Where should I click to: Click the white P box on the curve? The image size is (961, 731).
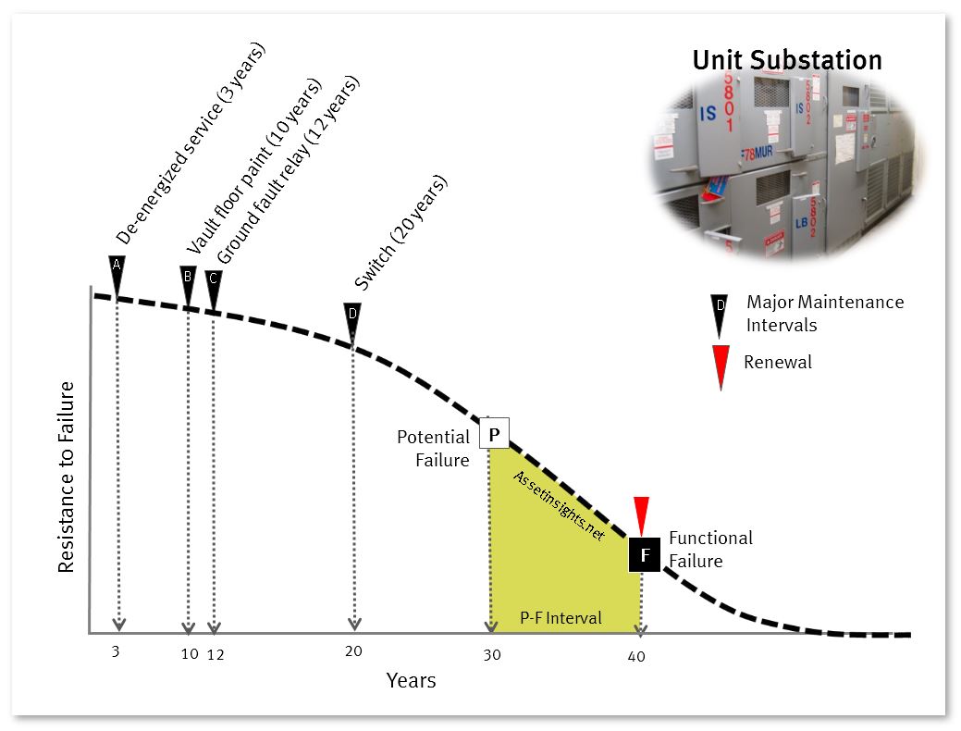point(494,433)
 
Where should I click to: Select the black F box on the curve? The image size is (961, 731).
point(645,555)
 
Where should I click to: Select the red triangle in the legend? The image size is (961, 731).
point(721,366)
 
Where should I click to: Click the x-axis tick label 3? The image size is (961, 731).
point(116,651)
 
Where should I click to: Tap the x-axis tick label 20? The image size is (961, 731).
point(353,651)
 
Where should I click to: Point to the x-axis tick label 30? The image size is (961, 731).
point(492,655)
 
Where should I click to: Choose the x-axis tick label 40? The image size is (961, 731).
point(636,657)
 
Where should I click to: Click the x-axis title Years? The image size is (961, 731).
point(412,680)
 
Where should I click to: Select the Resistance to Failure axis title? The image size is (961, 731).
point(67,477)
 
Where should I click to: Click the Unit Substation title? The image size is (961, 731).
point(787,60)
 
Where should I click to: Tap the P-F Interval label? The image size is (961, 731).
point(561,617)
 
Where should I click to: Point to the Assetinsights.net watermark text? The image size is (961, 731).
point(559,505)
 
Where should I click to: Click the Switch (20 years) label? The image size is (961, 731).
point(401,232)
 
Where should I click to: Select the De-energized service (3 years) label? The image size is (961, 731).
point(191,142)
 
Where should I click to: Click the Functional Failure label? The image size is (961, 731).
point(711,550)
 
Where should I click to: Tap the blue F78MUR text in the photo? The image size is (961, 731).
point(758,153)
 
